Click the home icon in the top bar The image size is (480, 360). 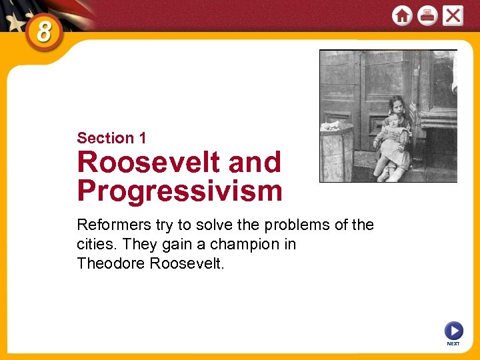[x=402, y=15]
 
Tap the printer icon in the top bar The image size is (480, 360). [x=427, y=15]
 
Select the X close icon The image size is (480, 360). [x=453, y=15]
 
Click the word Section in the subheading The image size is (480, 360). [x=105, y=138]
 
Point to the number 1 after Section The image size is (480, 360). [x=142, y=138]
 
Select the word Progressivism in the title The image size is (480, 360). [x=179, y=191]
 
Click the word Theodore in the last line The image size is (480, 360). [x=111, y=263]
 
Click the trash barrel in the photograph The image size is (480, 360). [x=337, y=151]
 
